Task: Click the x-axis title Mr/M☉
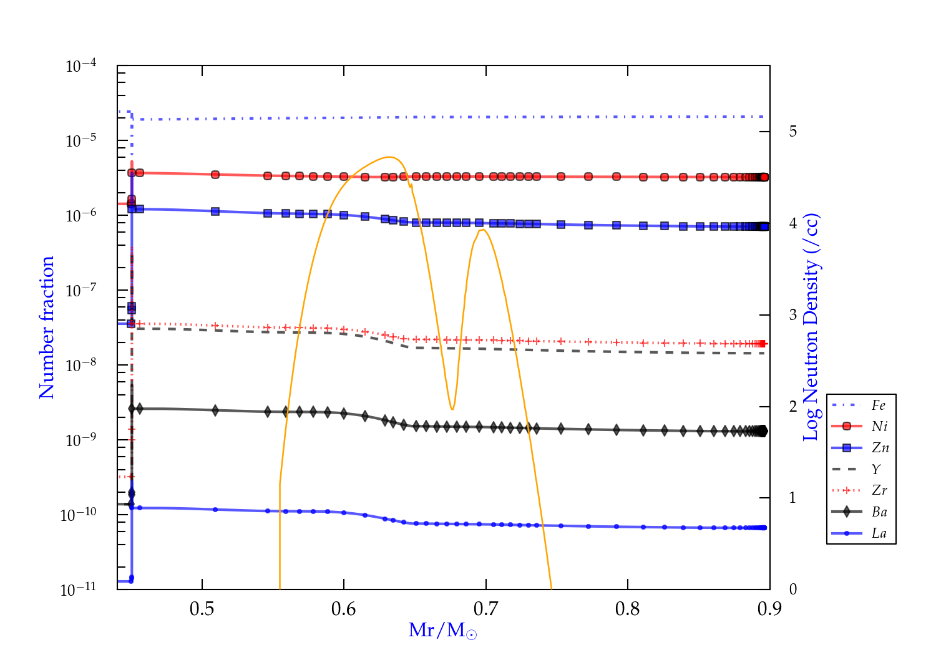(x=442, y=631)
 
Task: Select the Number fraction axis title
(x=47, y=327)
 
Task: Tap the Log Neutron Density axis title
(x=811, y=327)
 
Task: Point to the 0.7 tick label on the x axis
(x=485, y=609)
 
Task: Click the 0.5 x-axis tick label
(x=202, y=609)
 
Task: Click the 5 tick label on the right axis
(x=793, y=132)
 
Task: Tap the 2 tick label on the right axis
(x=793, y=407)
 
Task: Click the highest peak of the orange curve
(x=390, y=157)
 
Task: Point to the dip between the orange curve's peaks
(x=452, y=409)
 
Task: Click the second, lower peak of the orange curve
(x=482, y=230)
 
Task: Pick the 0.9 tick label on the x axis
(x=769, y=609)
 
